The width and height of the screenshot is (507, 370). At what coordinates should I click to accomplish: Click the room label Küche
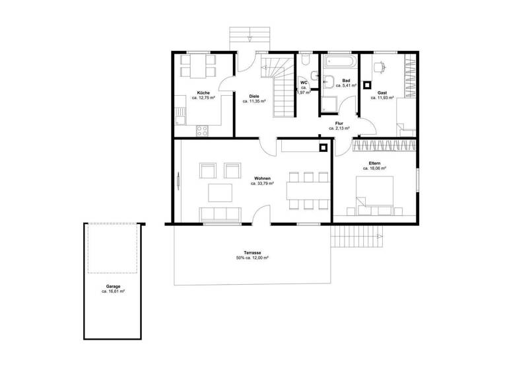pyautogui.click(x=203, y=92)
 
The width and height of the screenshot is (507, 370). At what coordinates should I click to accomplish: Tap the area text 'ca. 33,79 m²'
pyautogui.click(x=262, y=184)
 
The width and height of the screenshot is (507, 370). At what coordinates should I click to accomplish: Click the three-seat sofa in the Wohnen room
pyautogui.click(x=219, y=213)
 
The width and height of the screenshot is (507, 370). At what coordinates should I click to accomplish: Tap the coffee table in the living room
pyautogui.click(x=220, y=192)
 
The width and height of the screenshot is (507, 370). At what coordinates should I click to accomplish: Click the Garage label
pyautogui.click(x=113, y=285)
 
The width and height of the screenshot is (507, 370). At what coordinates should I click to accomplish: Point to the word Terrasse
pyautogui.click(x=252, y=253)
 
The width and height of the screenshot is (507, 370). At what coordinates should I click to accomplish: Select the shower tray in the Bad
pyautogui.click(x=329, y=106)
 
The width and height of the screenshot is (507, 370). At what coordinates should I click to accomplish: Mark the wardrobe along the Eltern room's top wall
pyautogui.click(x=385, y=145)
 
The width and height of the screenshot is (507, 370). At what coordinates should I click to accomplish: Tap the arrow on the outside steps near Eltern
pyautogui.click(x=379, y=236)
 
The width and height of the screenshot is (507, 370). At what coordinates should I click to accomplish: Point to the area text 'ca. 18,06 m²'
pyautogui.click(x=374, y=168)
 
